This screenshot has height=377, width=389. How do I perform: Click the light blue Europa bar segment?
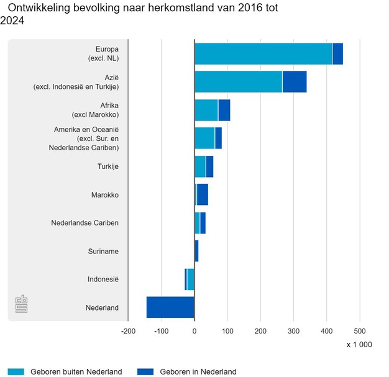click(x=263, y=54)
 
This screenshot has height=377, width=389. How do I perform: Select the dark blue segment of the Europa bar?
click(x=337, y=54)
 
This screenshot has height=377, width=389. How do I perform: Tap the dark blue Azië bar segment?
click(x=294, y=81)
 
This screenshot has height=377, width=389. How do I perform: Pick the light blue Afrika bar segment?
click(x=206, y=110)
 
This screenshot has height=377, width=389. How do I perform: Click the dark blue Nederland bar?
click(x=170, y=307)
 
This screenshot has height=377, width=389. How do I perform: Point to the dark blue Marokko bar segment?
click(x=203, y=194)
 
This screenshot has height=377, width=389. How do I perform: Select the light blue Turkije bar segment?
click(x=200, y=166)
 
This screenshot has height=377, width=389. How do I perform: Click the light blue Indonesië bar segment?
click(x=191, y=279)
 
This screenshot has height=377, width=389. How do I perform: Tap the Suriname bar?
click(x=196, y=251)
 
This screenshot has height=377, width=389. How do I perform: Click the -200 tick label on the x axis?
click(x=128, y=330)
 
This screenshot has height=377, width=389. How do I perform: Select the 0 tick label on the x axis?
click(x=194, y=330)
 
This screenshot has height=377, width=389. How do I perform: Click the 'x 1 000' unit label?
click(x=359, y=345)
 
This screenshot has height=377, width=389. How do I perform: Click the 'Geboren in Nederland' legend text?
click(x=198, y=371)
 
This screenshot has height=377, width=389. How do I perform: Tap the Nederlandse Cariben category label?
click(x=85, y=222)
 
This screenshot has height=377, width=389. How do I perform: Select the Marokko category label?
click(x=104, y=194)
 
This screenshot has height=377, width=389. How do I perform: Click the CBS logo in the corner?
click(x=22, y=304)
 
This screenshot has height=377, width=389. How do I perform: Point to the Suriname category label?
click(x=103, y=251)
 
